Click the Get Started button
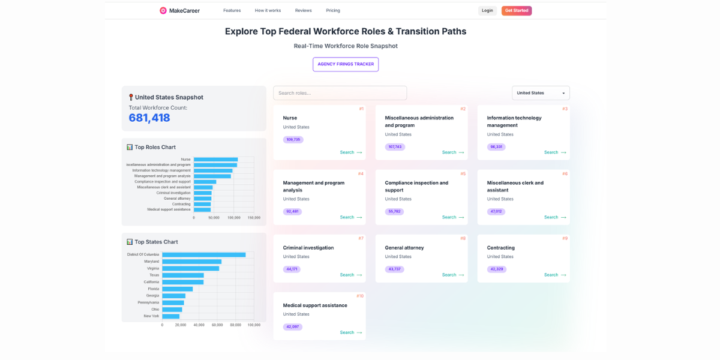tap(517, 10)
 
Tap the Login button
tap(487, 10)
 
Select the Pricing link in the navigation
tap(333, 10)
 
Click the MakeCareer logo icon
tap(163, 10)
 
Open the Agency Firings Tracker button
tap(346, 64)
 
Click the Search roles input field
tap(340, 93)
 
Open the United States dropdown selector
tap(541, 93)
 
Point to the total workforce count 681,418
tap(149, 118)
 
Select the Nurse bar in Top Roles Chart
tap(216, 160)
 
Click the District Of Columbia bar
tap(204, 254)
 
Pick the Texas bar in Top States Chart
tap(183, 275)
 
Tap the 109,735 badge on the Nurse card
tap(293, 140)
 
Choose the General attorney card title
tap(404, 248)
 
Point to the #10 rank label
tap(360, 296)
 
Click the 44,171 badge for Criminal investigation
tap(292, 269)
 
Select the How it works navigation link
tap(268, 10)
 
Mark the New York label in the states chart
tap(151, 316)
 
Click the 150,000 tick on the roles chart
tap(254, 218)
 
